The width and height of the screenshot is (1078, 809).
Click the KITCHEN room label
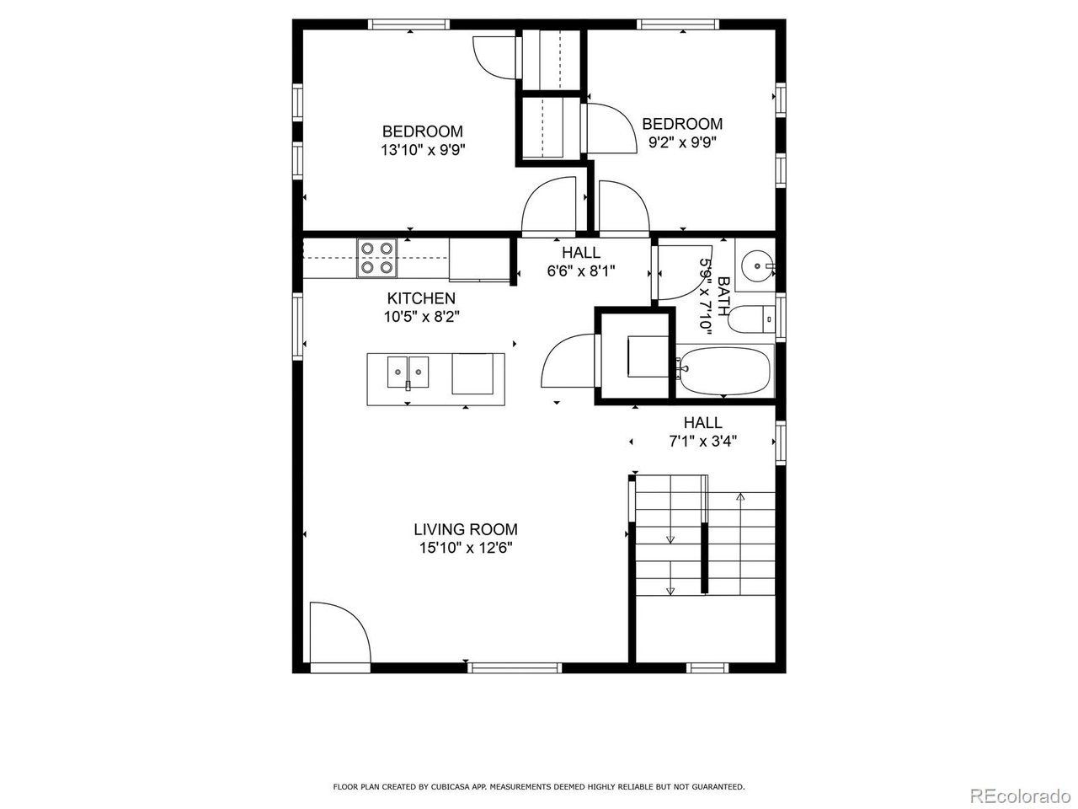(421, 298)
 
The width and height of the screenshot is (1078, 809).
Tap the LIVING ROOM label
(466, 529)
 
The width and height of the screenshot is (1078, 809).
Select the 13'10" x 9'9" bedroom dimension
(423, 150)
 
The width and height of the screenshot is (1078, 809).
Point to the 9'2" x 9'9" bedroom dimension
(683, 142)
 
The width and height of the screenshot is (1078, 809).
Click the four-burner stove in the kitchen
(377, 259)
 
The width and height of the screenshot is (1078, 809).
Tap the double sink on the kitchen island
(408, 372)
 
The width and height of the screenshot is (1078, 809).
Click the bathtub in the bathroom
(725, 372)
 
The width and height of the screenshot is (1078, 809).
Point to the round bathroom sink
(757, 265)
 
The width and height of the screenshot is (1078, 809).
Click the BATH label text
(724, 296)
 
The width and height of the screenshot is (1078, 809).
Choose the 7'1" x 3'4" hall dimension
(702, 441)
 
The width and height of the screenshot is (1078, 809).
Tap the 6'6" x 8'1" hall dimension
(581, 271)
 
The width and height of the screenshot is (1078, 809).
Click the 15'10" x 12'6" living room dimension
(466, 548)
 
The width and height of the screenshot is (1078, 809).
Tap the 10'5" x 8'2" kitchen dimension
(421, 316)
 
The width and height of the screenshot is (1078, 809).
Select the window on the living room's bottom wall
(515, 667)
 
